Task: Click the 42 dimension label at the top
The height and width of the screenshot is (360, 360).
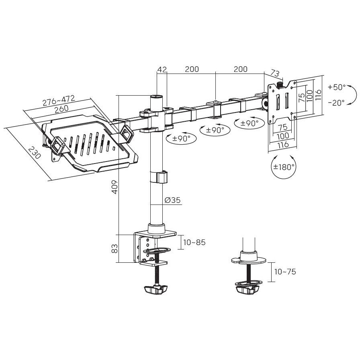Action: pos(162,70)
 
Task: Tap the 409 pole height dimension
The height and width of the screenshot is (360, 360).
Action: pos(115,187)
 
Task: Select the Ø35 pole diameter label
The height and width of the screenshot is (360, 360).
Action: pos(173,200)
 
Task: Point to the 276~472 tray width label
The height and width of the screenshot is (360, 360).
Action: pos(59,100)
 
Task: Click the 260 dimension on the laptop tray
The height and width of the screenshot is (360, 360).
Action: pos(61,108)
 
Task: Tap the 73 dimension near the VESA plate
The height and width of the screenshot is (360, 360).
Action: pos(275,73)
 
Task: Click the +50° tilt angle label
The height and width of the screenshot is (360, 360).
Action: pos(337,87)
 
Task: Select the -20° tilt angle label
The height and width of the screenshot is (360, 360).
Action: pos(336,102)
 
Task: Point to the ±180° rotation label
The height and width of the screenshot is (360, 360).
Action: pos(284,167)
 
